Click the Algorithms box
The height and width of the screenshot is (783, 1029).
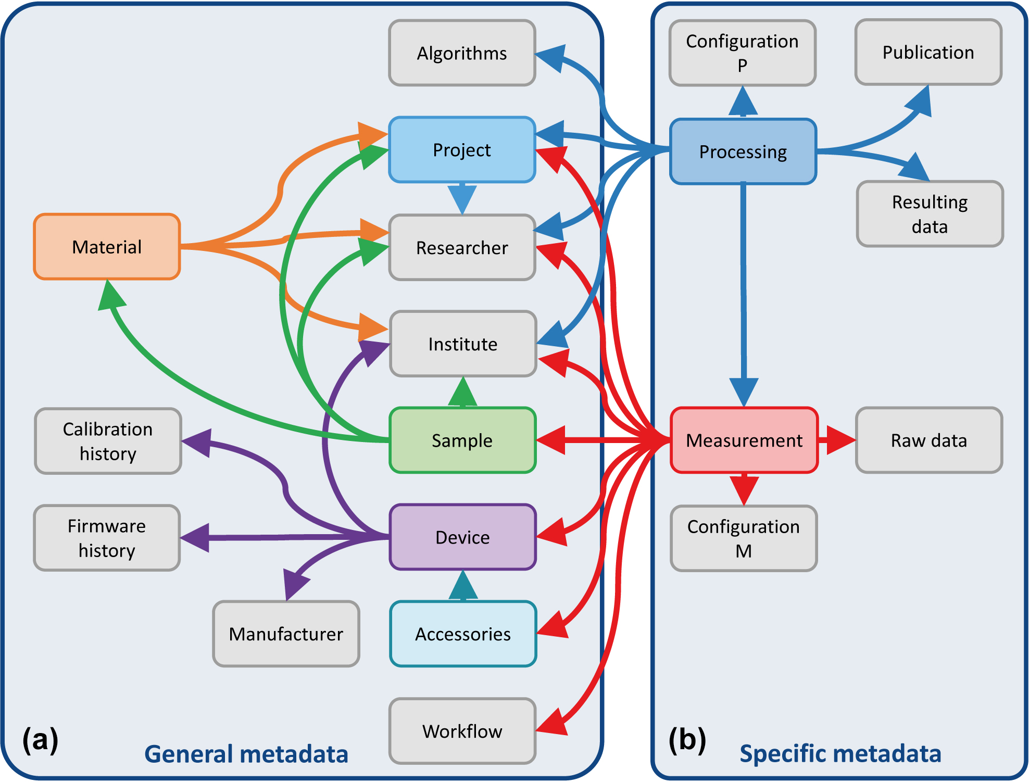pos(462,53)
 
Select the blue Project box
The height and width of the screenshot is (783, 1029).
pos(462,150)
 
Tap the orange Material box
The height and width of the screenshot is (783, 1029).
pos(107,247)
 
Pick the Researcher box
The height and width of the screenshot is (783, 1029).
pos(462,248)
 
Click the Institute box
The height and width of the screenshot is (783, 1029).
pos(463,344)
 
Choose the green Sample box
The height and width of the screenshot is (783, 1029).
pos(462,440)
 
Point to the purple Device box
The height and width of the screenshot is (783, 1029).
pos(462,537)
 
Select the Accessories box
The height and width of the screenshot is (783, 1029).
pos(463,634)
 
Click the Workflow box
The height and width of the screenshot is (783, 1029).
pos(462,731)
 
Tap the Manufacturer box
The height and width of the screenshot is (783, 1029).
pos(286,634)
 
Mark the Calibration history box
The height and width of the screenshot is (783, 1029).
pos(108,441)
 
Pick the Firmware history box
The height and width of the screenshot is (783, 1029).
pos(107,538)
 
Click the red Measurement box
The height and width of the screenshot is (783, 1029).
pos(744,440)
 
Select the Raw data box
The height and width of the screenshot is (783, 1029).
pos(929,440)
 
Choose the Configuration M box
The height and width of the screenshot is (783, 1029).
pos(744,538)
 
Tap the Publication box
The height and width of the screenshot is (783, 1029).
pos(928,52)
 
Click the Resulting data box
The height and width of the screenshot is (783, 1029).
pos(930,214)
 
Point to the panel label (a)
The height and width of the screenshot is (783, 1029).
pos(40,739)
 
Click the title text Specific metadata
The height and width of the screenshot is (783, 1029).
pos(840,753)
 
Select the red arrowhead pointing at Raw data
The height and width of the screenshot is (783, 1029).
pos(839,440)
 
